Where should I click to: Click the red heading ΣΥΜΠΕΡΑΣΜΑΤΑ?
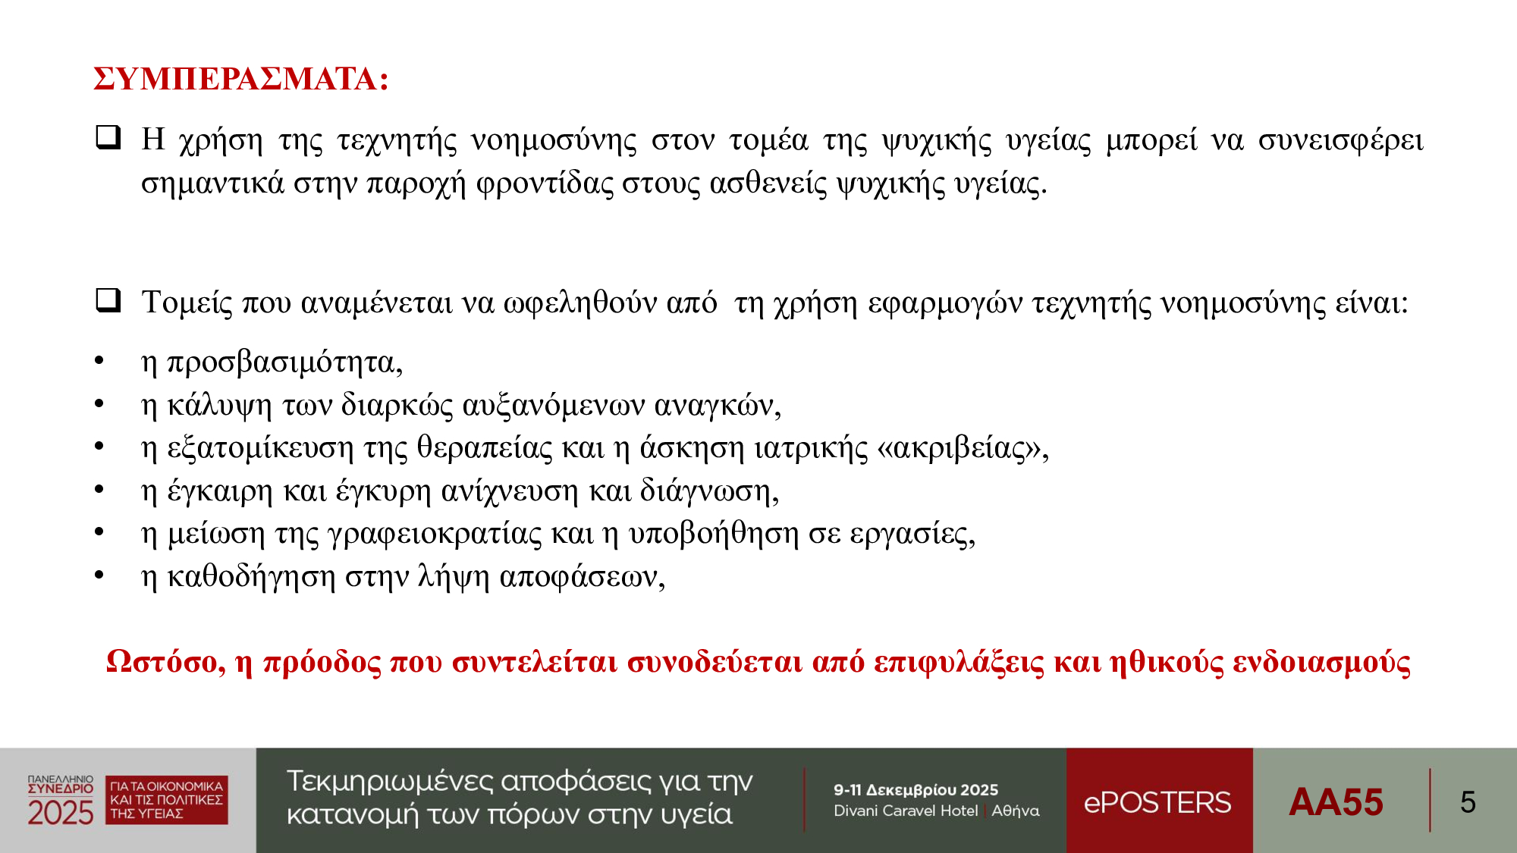click(x=241, y=79)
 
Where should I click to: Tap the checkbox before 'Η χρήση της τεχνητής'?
click(x=108, y=137)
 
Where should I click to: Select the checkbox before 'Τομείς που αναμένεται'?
click(x=108, y=300)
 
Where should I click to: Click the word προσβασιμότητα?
click(x=284, y=363)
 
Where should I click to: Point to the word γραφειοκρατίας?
click(x=435, y=535)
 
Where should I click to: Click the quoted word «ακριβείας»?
click(x=963, y=449)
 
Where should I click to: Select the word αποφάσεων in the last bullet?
click(x=582, y=578)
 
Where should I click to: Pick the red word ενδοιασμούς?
click(x=1321, y=663)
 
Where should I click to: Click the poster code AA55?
click(x=1336, y=802)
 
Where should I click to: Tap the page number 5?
click(x=1468, y=802)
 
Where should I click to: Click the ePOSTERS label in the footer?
click(x=1157, y=802)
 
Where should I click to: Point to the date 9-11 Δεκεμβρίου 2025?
click(x=916, y=790)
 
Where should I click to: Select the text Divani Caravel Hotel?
click(x=906, y=811)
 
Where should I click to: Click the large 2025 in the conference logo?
click(x=61, y=813)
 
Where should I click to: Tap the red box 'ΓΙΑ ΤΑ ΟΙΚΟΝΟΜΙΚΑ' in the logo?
click(x=167, y=800)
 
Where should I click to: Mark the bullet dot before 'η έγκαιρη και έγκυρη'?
click(x=99, y=490)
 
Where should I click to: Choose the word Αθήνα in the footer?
click(x=1016, y=811)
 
